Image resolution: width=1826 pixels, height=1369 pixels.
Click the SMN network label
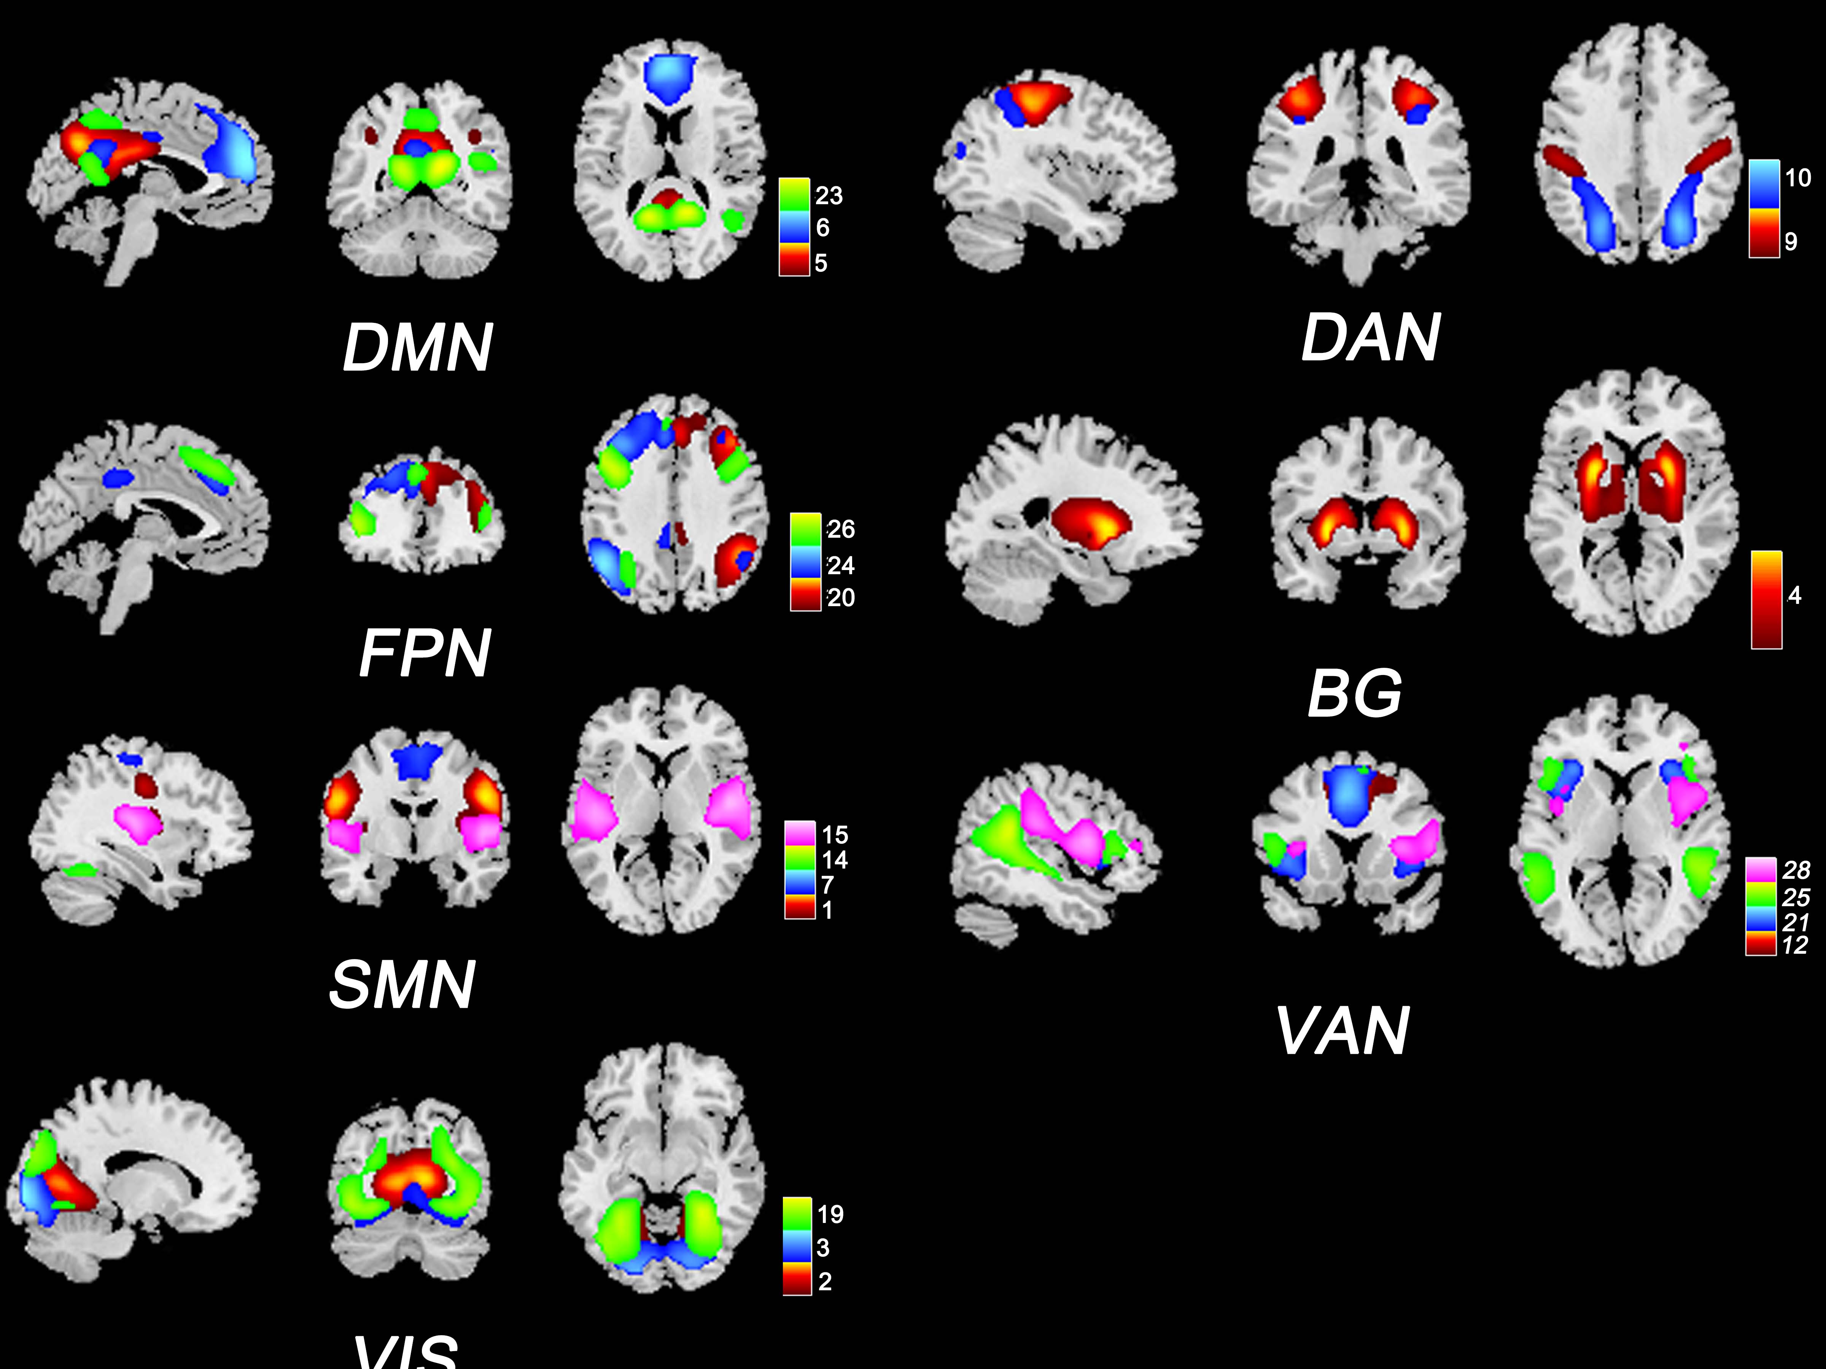[402, 985]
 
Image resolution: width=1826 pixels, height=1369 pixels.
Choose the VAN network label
[1343, 1031]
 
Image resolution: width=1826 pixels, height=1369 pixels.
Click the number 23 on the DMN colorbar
[829, 195]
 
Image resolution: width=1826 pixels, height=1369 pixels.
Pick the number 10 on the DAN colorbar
[1797, 178]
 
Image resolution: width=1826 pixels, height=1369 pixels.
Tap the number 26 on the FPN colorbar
[840, 529]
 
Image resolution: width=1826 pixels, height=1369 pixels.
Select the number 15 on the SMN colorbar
[835, 834]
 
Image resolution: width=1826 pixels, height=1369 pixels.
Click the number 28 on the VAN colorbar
[1796, 870]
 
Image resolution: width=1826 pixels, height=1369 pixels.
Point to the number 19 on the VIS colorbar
[830, 1214]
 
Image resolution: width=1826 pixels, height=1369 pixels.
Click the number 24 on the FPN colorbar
[840, 565]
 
